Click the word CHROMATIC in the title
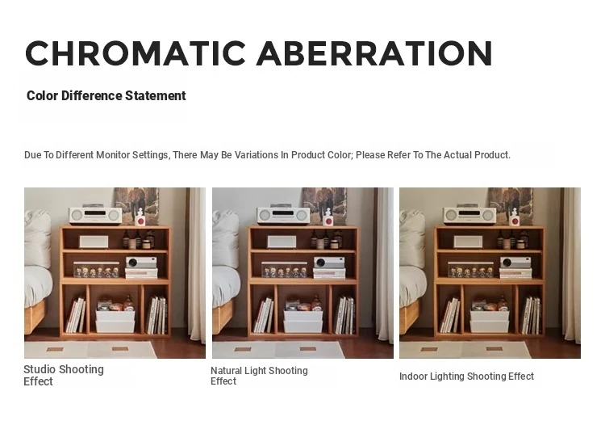click(x=135, y=53)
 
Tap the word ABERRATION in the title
click(x=374, y=53)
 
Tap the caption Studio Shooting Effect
click(x=64, y=375)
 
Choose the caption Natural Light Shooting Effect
click(x=259, y=376)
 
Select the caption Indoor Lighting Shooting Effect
click(x=466, y=376)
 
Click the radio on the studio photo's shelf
click(x=95, y=216)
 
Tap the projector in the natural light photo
click(x=329, y=263)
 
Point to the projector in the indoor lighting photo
click(x=515, y=263)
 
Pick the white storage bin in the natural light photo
click(x=303, y=322)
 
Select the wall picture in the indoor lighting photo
click(x=511, y=205)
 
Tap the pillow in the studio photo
click(x=37, y=238)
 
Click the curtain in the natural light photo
click(x=385, y=266)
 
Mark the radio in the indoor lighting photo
click(x=469, y=216)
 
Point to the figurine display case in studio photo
click(x=97, y=269)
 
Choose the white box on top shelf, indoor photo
click(x=468, y=242)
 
